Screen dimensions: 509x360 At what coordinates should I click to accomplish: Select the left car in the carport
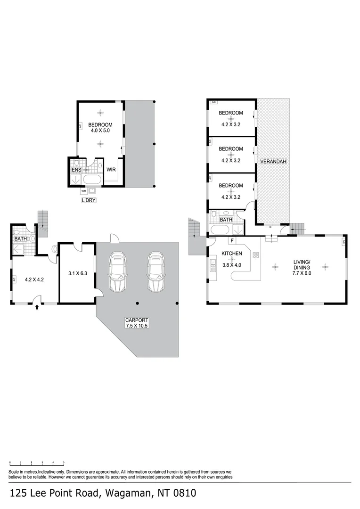click(x=117, y=272)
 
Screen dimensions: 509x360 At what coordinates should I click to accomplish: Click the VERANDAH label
click(x=273, y=162)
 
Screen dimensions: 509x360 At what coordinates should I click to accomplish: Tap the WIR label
click(x=111, y=170)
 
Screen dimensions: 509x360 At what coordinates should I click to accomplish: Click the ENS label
click(x=76, y=170)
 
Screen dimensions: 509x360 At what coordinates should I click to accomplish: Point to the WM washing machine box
click(x=83, y=191)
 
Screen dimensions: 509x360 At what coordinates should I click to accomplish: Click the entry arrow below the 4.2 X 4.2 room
click(x=37, y=308)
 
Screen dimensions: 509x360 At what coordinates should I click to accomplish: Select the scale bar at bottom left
click(x=37, y=464)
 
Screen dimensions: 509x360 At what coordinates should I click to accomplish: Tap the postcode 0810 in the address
click(x=182, y=493)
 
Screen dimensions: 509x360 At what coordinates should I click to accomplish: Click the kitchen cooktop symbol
click(x=256, y=255)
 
